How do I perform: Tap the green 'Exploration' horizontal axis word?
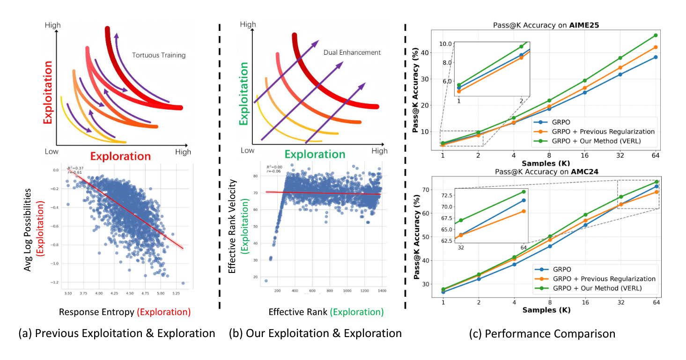point(315,154)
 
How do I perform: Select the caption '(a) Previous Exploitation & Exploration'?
point(117,333)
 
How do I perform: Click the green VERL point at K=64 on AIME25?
point(656,35)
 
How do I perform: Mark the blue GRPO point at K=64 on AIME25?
point(656,57)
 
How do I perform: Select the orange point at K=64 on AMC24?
point(656,192)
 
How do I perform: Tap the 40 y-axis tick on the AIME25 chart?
point(425,52)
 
